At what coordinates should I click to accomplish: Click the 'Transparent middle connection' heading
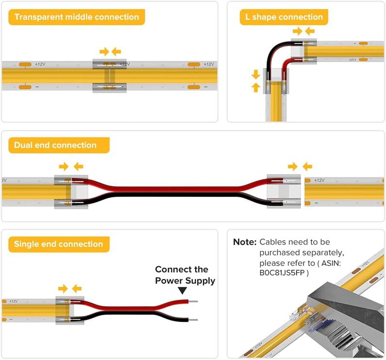(x=76, y=17)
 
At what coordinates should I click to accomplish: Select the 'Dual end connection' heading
(x=55, y=145)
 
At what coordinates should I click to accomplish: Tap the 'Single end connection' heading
(x=58, y=244)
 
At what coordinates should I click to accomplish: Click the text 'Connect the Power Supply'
(x=185, y=275)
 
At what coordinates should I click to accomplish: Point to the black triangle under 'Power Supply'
(x=182, y=291)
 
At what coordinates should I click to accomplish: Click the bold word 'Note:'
(x=245, y=242)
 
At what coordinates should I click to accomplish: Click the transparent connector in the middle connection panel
(x=110, y=76)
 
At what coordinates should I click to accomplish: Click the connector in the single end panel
(x=70, y=310)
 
